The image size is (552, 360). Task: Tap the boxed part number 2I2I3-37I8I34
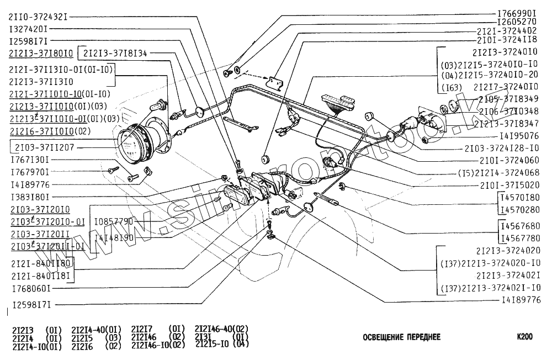[116, 53]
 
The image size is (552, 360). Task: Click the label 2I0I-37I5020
[510, 184]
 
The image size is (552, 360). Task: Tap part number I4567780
[519, 238]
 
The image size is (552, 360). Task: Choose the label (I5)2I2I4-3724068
[498, 172]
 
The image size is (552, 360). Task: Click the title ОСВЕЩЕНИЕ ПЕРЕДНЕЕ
[401, 337]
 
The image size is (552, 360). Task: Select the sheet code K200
[524, 336]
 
